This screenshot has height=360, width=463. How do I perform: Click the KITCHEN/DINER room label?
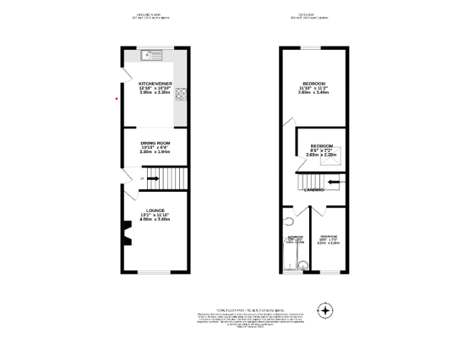(155, 84)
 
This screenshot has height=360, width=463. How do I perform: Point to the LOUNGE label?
(155, 210)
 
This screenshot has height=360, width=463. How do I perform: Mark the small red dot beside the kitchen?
(117, 97)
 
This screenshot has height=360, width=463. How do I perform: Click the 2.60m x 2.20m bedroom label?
(321, 150)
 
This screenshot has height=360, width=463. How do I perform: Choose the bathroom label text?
(294, 239)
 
